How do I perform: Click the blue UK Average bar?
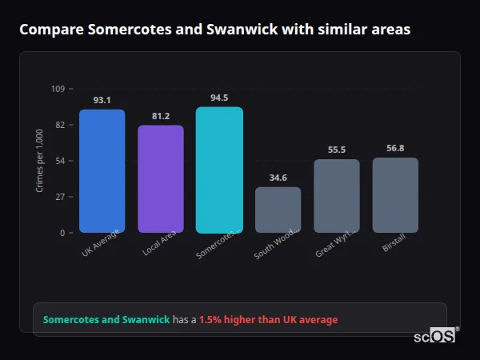click(102, 171)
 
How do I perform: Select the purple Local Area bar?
click(161, 179)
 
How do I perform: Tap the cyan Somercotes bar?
click(219, 170)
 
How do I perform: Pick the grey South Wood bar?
click(278, 210)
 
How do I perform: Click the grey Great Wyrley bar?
click(337, 196)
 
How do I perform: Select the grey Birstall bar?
click(395, 195)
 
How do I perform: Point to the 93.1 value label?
click(102, 100)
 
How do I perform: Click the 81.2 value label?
click(161, 116)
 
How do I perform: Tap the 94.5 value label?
click(219, 98)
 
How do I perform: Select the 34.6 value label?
click(278, 178)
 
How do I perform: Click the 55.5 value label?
click(337, 150)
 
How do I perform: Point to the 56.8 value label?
click(395, 148)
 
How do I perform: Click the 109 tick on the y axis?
click(58, 89)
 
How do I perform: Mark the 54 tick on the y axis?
click(60, 161)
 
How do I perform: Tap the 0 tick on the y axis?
click(62, 233)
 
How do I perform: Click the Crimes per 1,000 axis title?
click(40, 160)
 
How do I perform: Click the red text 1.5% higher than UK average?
click(268, 319)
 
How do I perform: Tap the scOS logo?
click(435, 336)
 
